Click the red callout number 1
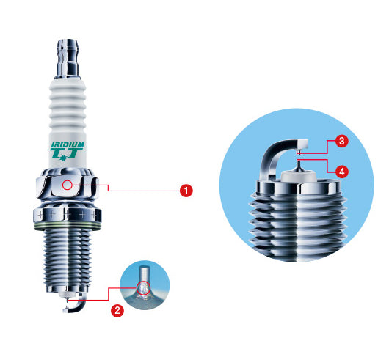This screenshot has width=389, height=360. pos(186,191)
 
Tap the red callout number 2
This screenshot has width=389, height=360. pos(117,310)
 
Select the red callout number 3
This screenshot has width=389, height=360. pos(341,141)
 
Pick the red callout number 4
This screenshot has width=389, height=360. pos(341,172)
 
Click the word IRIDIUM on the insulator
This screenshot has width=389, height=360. pos(68,145)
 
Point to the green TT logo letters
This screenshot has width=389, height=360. pos(66,154)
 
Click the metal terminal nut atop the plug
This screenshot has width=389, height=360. pos(68,59)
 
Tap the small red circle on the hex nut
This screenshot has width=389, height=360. pos(68,185)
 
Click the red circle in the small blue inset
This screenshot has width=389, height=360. pos(144,288)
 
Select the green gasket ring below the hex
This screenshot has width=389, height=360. pos(68,226)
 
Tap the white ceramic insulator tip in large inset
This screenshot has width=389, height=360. pos(299,176)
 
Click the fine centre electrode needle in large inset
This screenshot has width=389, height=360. pos(299,166)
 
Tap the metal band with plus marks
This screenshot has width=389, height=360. pos(68,215)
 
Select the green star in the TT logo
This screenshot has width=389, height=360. pos(63,157)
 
